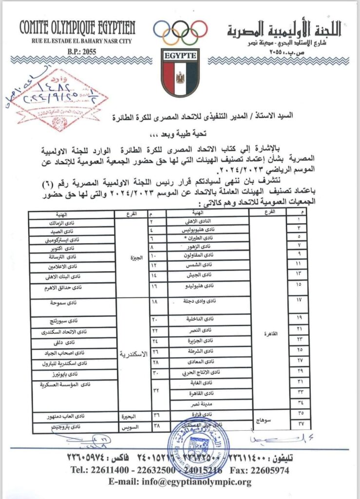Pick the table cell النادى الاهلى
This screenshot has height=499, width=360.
(x=207, y=222)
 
